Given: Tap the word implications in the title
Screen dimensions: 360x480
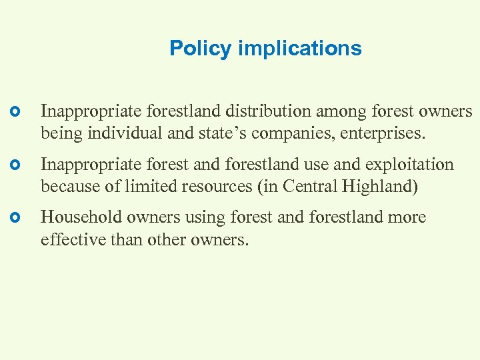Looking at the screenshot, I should click(299, 49).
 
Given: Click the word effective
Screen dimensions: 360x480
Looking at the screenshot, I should click(72, 240).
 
